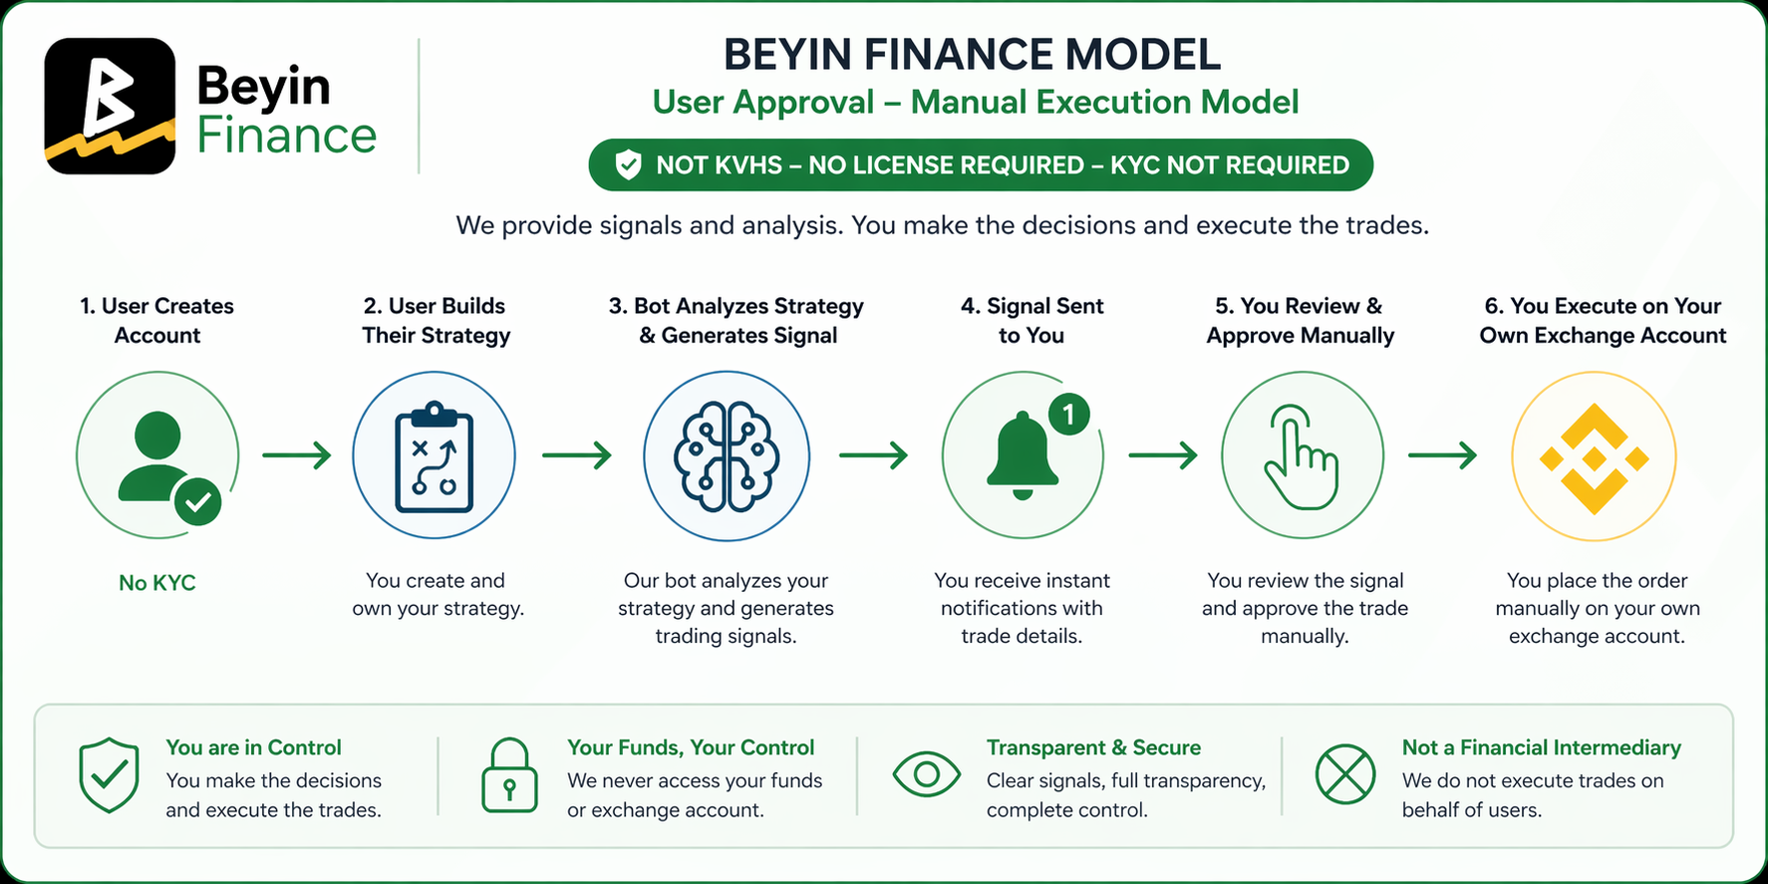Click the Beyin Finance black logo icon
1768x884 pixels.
point(110,106)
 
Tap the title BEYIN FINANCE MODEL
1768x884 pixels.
point(972,55)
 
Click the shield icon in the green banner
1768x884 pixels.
point(628,164)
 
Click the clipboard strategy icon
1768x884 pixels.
point(435,456)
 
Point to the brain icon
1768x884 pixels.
point(727,456)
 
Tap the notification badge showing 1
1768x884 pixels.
point(1068,414)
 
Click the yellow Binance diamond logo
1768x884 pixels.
point(1594,458)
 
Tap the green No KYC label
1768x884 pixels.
point(157,583)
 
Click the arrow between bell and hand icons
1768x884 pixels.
point(1163,455)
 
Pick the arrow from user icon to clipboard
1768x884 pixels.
point(296,455)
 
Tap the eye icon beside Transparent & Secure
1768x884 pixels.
point(926,774)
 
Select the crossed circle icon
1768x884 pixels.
point(1345,774)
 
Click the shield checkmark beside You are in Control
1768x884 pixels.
point(109,774)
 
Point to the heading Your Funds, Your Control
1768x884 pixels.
point(691,747)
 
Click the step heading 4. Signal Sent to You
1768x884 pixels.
point(1031,320)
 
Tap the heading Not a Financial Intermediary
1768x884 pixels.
point(1541,747)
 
